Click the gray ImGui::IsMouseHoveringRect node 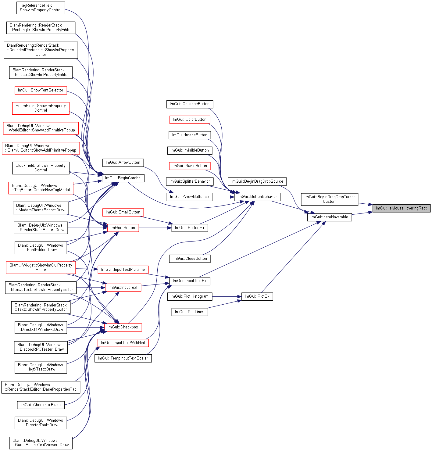(401, 208)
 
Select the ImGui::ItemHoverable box (329, 217)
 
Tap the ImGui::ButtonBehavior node (257, 197)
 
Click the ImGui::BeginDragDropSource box (257, 181)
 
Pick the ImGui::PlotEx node (257, 296)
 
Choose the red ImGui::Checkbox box (123, 327)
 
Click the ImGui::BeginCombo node (123, 178)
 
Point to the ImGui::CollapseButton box (190, 104)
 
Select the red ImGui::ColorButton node (190, 120)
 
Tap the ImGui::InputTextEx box (190, 281)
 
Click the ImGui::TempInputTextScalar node (123, 358)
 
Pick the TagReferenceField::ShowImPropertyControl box (41, 8)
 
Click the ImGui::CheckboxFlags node (41, 405)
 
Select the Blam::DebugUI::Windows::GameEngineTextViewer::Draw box (41, 443)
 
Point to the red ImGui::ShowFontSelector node (41, 90)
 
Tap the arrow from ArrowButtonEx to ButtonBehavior (223, 197)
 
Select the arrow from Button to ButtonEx (155, 228)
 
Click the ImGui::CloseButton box (190, 259)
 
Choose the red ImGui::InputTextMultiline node (123, 270)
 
